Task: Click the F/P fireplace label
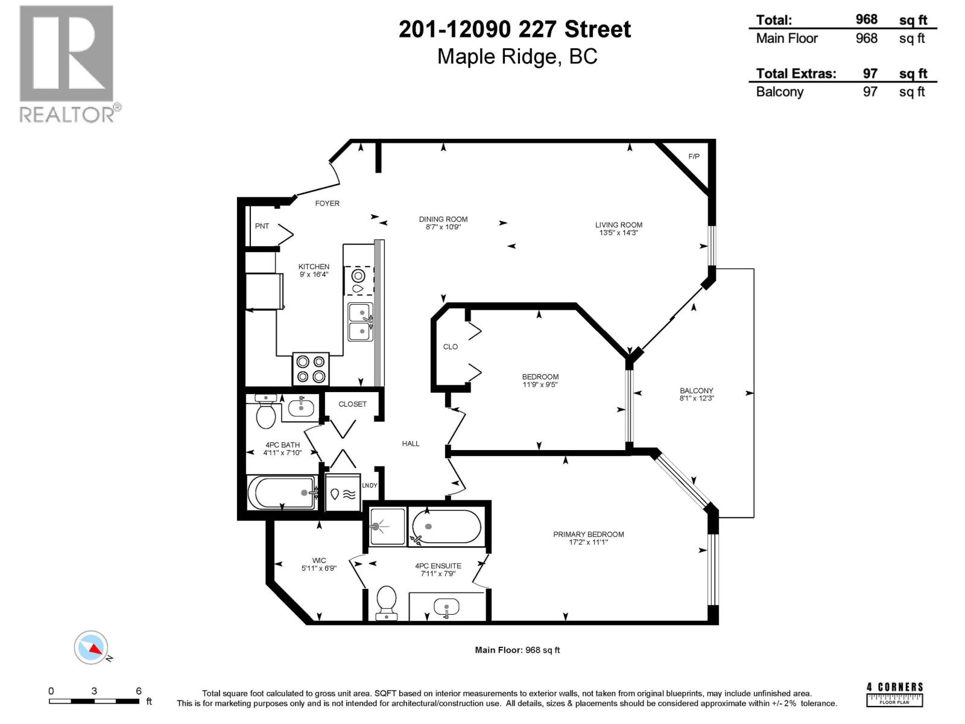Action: point(694,157)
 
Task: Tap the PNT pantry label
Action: point(262,226)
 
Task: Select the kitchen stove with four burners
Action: point(311,369)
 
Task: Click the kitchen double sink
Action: point(360,322)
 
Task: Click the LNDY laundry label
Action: point(370,486)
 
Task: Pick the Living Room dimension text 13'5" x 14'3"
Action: point(619,232)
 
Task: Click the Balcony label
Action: point(697,390)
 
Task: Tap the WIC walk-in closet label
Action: point(319,560)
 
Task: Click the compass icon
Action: point(92,647)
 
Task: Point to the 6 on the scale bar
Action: point(139,691)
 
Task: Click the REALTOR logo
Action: point(68,63)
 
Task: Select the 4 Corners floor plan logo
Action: point(894,694)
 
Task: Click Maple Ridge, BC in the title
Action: point(517,56)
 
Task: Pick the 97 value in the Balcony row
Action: point(870,92)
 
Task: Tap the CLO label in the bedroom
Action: point(451,347)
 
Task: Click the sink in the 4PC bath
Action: point(300,408)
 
